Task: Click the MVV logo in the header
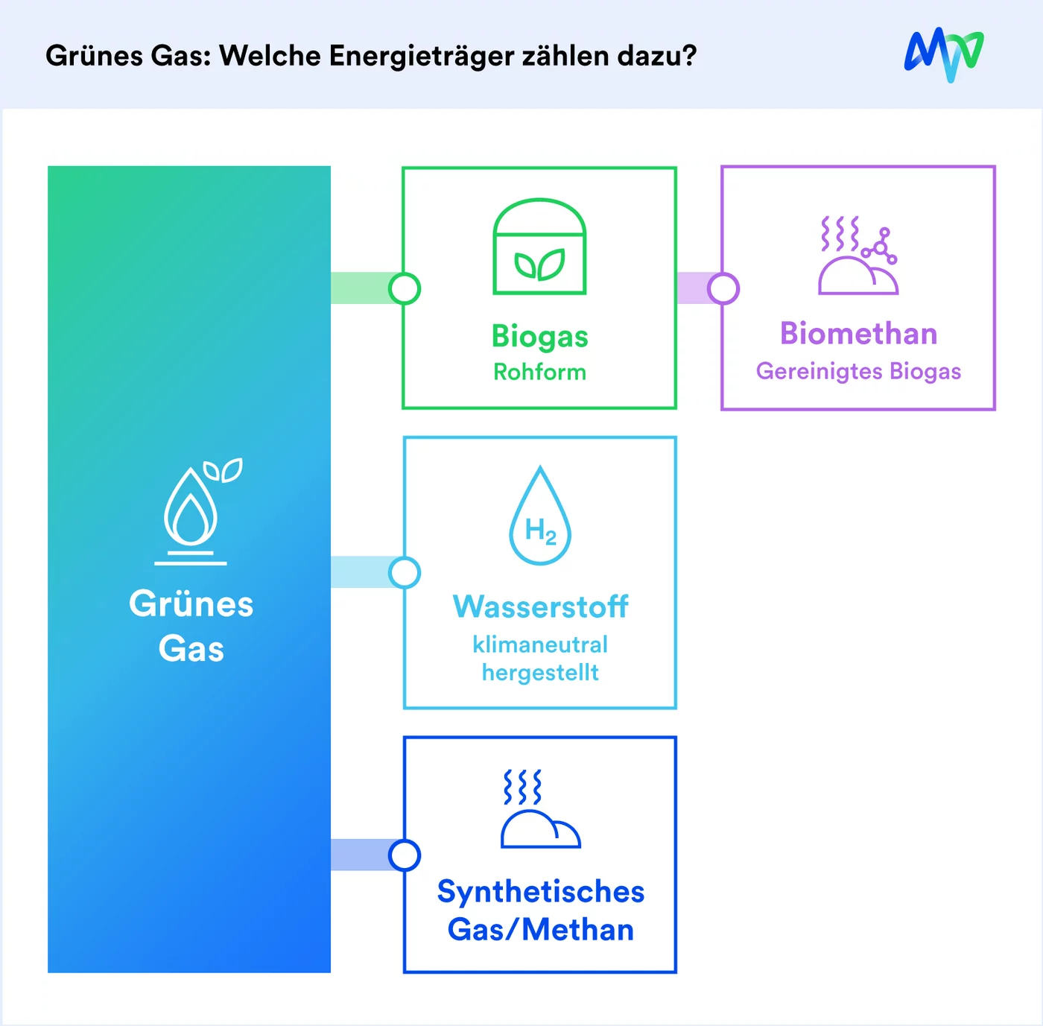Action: point(944,54)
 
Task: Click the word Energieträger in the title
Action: point(421,57)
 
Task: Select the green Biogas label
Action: point(539,337)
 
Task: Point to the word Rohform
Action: point(539,373)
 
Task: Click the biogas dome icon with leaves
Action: point(539,247)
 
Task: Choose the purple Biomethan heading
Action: point(858,334)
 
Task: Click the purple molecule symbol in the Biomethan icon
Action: point(880,247)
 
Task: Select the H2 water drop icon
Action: point(540,516)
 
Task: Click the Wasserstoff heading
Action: point(540,607)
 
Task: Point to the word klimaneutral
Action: point(540,645)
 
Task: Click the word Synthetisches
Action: point(541,893)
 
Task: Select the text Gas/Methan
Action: point(541,930)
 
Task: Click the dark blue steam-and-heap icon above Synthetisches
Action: point(540,808)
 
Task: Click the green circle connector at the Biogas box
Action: point(405,288)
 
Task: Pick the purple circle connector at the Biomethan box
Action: point(723,288)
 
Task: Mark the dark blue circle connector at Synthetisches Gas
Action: point(405,855)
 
